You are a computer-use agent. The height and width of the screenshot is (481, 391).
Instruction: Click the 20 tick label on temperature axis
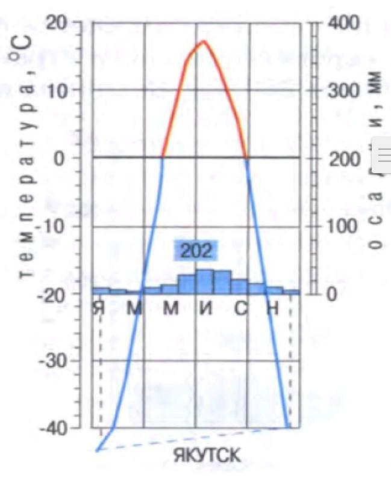point(59,23)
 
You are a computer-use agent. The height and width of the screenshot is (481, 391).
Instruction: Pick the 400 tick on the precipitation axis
point(343,23)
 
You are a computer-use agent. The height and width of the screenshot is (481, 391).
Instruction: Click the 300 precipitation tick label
point(343,91)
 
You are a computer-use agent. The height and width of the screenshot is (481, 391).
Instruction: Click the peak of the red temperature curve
point(204,41)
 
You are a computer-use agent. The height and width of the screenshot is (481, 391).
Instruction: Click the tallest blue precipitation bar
point(204,282)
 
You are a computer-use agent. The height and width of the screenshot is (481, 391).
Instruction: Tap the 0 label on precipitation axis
point(331,295)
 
